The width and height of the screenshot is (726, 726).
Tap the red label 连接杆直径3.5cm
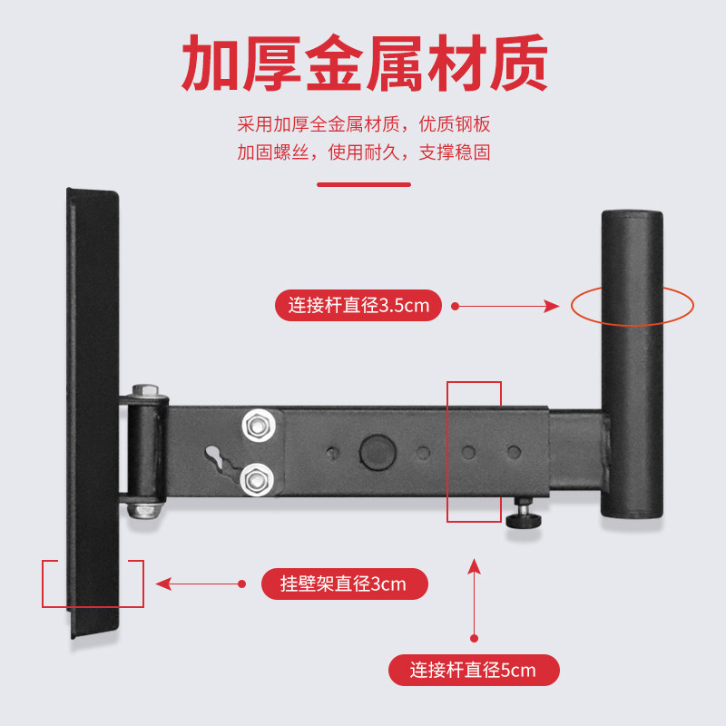pyautogui.click(x=358, y=306)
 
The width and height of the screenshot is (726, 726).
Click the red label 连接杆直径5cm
pyautogui.click(x=473, y=671)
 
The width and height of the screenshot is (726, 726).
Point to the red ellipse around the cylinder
pyautogui.click(x=633, y=307)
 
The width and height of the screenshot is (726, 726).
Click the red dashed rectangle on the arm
pyautogui.click(x=474, y=452)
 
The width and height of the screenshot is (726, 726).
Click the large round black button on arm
pyautogui.click(x=374, y=450)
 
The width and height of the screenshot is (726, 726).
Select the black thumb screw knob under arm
pyautogui.click(x=524, y=520)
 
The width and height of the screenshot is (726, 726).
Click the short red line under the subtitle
pyautogui.click(x=363, y=184)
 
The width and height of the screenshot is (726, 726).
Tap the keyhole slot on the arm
pyautogui.click(x=216, y=456)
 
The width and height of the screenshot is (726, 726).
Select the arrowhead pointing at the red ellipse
pyautogui.click(x=551, y=307)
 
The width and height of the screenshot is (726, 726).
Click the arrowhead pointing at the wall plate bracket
pyautogui.click(x=163, y=584)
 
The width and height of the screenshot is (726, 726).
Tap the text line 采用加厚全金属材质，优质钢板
pyautogui.click(x=364, y=124)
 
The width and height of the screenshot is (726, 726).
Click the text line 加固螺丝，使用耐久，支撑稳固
pyautogui.click(x=364, y=152)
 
